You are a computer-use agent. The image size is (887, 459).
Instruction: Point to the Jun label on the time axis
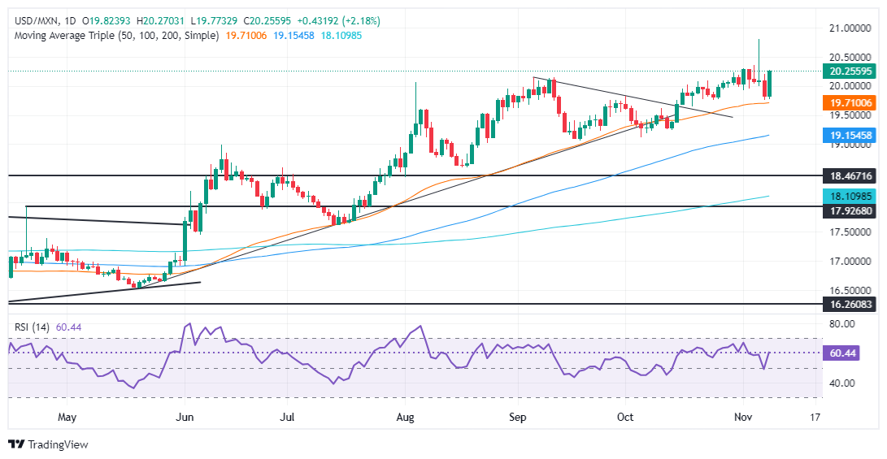coord(185,418)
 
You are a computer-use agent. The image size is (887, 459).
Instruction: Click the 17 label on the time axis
coord(815,418)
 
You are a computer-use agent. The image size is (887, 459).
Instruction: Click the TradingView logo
coord(48,444)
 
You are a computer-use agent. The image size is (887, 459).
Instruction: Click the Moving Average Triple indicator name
coord(81,35)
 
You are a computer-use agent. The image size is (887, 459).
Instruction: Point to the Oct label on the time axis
coord(625,418)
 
